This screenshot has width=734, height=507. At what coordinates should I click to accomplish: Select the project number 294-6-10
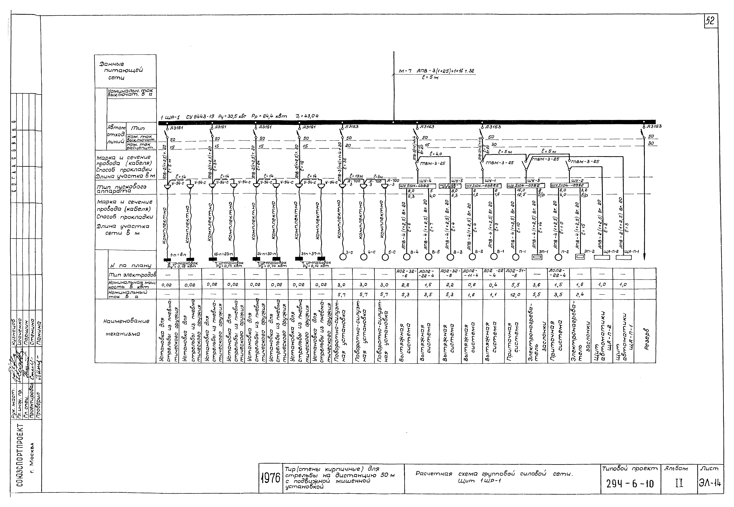(x=629, y=484)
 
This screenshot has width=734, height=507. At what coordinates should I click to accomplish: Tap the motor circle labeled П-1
(x=515, y=257)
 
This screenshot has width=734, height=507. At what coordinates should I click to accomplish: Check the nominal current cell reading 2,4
(x=579, y=294)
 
